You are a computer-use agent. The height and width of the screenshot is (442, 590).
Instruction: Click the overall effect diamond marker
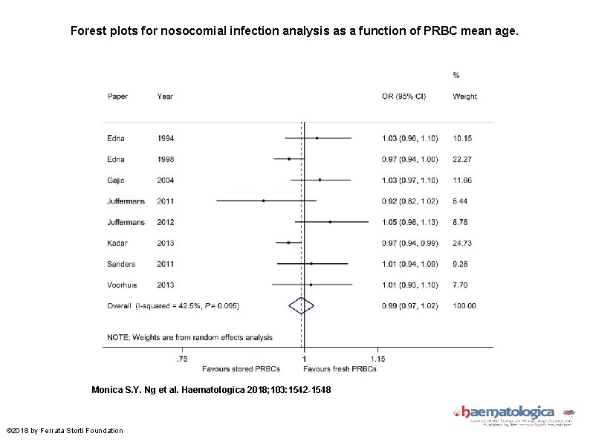(x=302, y=305)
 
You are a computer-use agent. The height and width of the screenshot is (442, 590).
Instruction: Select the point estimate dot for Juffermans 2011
(x=263, y=201)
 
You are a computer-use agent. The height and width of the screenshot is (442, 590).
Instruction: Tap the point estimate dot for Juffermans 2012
(x=330, y=221)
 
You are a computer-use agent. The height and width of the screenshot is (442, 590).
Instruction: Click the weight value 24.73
(x=464, y=242)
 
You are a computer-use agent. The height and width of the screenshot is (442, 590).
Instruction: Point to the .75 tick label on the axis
(x=181, y=359)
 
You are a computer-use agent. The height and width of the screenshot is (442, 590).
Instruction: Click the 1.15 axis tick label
(x=377, y=359)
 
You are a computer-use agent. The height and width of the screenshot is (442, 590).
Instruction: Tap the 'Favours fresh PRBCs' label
(x=340, y=368)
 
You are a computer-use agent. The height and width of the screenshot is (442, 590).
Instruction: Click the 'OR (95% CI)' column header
(x=403, y=97)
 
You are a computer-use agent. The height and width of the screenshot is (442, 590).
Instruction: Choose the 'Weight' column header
(x=464, y=97)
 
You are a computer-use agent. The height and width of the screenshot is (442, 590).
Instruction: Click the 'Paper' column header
(x=117, y=97)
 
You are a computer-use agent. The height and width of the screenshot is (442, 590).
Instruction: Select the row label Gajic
(x=117, y=180)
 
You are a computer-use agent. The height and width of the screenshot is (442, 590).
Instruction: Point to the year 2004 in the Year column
(x=166, y=180)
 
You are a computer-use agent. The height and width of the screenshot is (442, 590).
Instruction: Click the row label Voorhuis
(x=123, y=285)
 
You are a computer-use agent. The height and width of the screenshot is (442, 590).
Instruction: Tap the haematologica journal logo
(x=508, y=414)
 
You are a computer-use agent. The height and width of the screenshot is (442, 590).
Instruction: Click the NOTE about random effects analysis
(x=189, y=337)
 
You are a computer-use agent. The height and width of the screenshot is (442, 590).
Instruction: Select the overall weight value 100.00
(x=464, y=305)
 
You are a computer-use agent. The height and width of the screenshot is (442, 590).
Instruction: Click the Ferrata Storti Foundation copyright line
(x=64, y=431)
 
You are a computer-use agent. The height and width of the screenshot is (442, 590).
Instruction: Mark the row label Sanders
(x=121, y=264)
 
